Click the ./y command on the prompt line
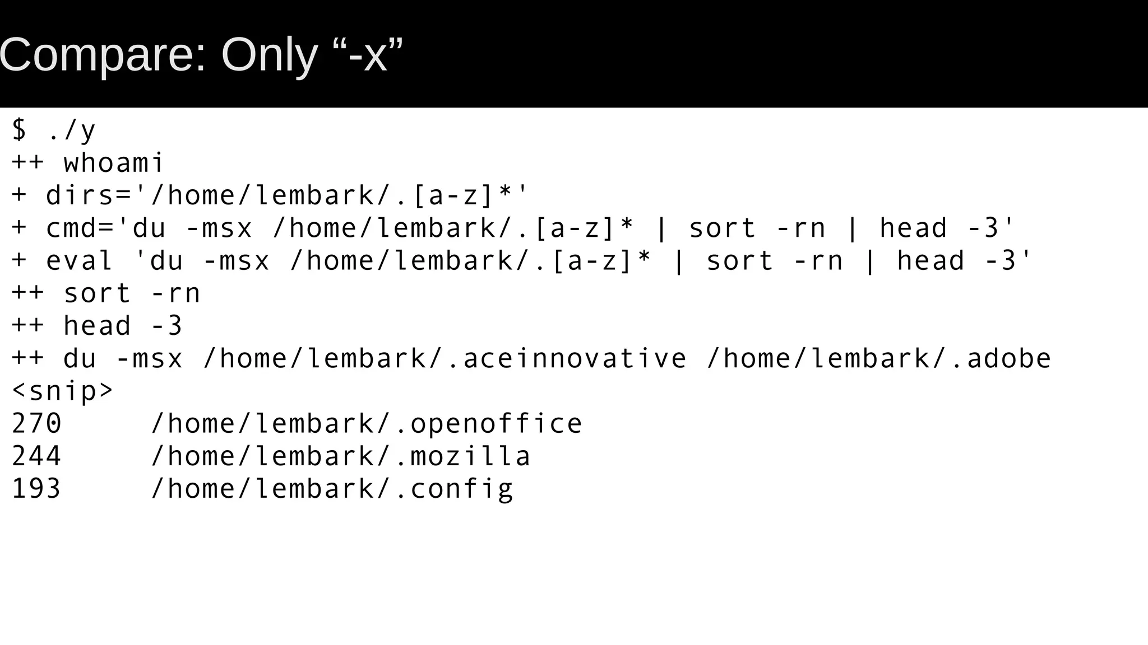(x=72, y=130)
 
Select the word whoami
(x=113, y=163)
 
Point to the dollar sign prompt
(x=19, y=130)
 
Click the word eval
(x=79, y=261)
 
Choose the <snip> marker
(x=62, y=391)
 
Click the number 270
(x=36, y=423)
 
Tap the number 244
(x=36, y=456)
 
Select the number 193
(x=36, y=488)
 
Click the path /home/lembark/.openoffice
(x=367, y=423)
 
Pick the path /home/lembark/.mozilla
(x=341, y=456)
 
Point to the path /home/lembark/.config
(x=332, y=488)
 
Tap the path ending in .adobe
(x=879, y=358)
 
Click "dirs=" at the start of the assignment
(x=89, y=196)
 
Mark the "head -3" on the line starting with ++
(x=123, y=326)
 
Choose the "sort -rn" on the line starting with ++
(x=132, y=293)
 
